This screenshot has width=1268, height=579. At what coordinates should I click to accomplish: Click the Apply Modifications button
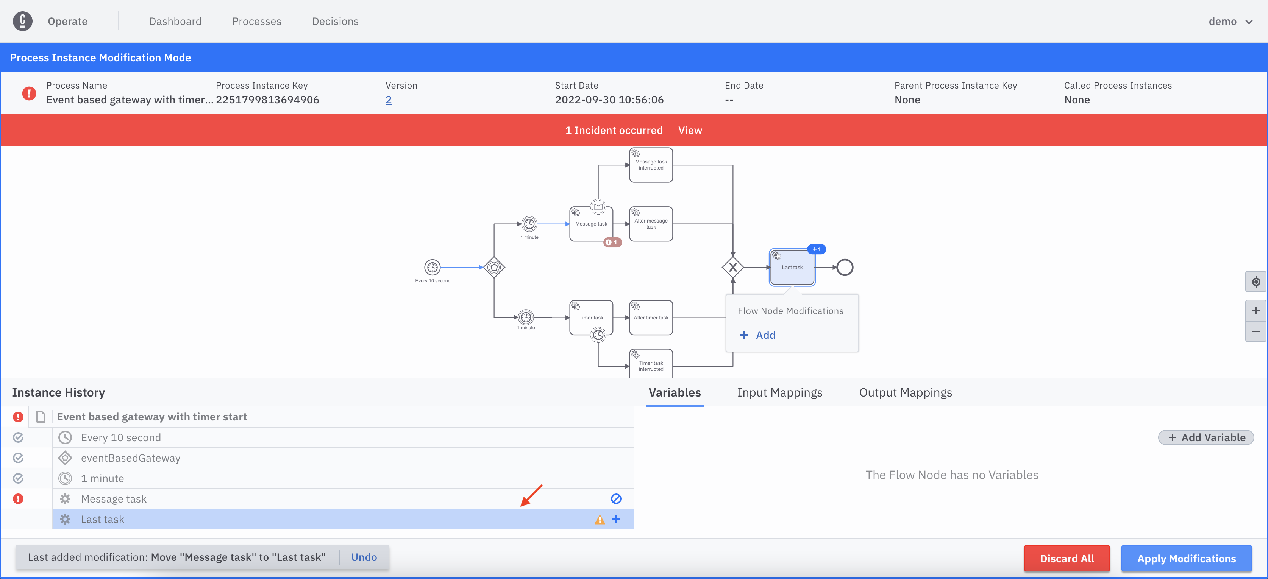[x=1186, y=558]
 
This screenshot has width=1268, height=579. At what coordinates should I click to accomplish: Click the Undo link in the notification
[x=364, y=557]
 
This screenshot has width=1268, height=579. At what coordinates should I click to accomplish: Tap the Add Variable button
[x=1206, y=437]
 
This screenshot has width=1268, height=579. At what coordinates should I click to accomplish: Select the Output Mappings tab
[x=906, y=392]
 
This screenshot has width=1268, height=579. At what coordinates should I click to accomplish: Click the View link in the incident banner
[x=690, y=130]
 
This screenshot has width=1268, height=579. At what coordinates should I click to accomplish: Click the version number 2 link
[x=388, y=100]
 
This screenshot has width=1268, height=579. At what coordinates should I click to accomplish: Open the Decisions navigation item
[x=335, y=21]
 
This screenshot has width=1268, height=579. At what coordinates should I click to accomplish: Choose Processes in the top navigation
[x=257, y=21]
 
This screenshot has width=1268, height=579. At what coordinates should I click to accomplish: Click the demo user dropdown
[x=1230, y=21]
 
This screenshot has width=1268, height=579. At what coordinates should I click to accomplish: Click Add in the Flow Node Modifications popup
[x=758, y=335]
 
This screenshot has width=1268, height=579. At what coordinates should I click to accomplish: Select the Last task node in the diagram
[x=792, y=267]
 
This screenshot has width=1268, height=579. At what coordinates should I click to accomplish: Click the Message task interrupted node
[x=651, y=165]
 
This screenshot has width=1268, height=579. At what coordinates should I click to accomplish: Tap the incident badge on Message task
[x=612, y=242]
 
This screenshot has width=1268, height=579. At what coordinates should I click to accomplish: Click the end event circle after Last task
[x=845, y=267]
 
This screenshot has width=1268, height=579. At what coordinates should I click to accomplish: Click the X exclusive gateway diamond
[x=733, y=267]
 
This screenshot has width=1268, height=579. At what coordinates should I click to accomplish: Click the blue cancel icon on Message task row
[x=616, y=499]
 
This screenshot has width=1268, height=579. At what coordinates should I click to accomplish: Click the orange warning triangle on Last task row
[x=600, y=520]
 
